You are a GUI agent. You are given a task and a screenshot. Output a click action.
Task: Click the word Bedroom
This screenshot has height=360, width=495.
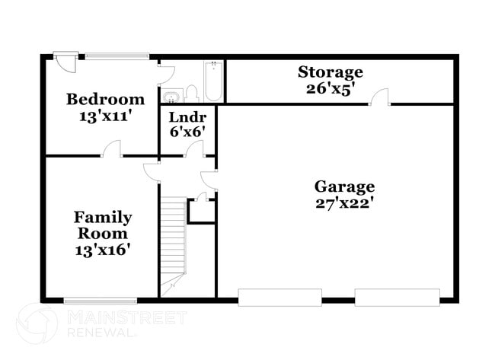(x=105, y=99)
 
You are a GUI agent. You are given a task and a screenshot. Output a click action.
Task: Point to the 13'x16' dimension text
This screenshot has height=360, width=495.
(x=102, y=250)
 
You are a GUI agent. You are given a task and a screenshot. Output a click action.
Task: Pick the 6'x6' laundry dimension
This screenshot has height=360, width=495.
(x=186, y=131)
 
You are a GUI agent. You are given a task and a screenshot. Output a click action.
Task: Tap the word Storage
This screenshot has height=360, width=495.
(x=330, y=72)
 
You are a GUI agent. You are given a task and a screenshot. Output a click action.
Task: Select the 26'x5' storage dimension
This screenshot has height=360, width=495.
(x=330, y=88)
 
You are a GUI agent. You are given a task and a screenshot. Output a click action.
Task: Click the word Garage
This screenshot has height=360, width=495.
(x=344, y=186)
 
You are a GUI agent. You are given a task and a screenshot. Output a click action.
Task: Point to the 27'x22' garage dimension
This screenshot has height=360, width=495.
(x=344, y=203)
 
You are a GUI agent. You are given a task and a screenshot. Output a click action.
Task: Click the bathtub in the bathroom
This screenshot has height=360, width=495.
(x=213, y=81)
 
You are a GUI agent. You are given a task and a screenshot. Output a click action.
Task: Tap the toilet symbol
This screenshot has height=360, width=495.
(x=191, y=94)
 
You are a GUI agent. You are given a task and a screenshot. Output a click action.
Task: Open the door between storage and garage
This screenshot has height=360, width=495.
(x=380, y=97)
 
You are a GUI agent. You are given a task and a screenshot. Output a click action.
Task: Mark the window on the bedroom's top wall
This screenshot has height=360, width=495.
(x=117, y=56)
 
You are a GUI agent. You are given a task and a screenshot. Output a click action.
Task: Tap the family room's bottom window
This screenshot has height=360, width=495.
(x=100, y=301)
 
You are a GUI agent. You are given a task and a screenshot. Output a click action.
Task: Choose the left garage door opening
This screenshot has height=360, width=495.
(x=279, y=297)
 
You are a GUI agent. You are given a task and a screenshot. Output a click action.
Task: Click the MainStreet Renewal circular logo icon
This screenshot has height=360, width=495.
(x=36, y=322)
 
